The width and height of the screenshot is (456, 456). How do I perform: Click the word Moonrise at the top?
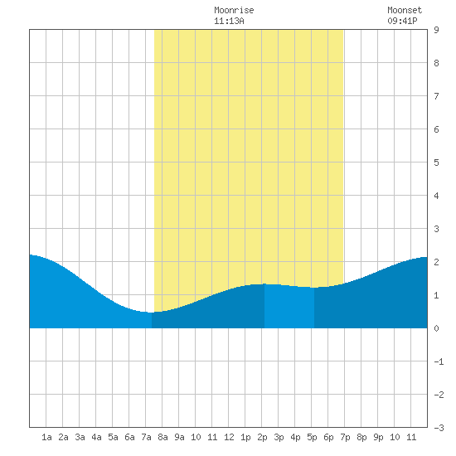(234, 10)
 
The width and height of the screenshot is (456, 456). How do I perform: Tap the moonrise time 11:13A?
(229, 21)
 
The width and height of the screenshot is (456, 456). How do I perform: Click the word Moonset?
(405, 10)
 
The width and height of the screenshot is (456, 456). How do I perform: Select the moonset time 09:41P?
(402, 21)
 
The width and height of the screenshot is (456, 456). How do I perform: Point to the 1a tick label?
(46, 437)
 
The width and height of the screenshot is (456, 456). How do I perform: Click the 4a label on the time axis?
(96, 437)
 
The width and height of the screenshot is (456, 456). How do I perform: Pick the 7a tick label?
(146, 437)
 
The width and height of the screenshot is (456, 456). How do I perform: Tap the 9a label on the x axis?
(179, 437)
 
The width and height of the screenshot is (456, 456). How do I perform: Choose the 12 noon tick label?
(229, 437)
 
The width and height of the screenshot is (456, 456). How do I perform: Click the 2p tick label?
(262, 437)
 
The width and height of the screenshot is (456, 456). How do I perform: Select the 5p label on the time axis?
(312, 437)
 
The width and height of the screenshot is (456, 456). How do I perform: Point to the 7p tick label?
(345, 437)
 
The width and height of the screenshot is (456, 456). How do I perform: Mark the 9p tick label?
(378, 437)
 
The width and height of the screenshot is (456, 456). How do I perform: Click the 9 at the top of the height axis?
(436, 30)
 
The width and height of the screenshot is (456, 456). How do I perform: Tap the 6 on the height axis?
(436, 129)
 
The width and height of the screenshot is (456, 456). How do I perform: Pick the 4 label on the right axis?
(436, 196)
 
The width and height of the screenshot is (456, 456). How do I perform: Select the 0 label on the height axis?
(436, 328)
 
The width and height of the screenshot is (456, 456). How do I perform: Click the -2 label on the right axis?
(439, 395)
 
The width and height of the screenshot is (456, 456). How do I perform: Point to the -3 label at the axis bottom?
(439, 428)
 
